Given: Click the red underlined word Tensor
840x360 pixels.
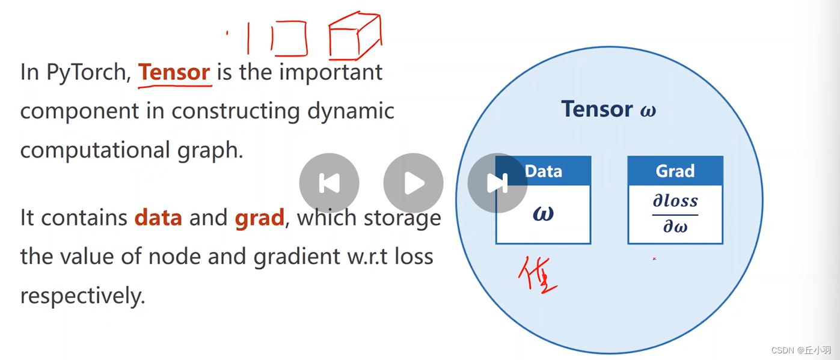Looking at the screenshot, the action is pyautogui.click(x=174, y=73).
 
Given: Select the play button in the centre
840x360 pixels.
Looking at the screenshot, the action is pyautogui.click(x=413, y=183).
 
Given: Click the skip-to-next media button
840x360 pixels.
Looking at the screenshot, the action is pyautogui.click(x=497, y=183).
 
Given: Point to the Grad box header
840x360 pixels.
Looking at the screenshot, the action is pyautogui.click(x=675, y=171).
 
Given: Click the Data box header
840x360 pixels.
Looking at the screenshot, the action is pyautogui.click(x=543, y=171).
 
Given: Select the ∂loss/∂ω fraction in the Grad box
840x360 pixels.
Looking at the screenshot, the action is pyautogui.click(x=675, y=214).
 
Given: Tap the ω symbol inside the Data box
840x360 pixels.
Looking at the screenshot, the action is pyautogui.click(x=543, y=213).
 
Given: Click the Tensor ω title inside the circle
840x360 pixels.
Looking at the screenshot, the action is pyautogui.click(x=608, y=109).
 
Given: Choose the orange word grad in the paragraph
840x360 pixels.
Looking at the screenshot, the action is pyautogui.click(x=259, y=218).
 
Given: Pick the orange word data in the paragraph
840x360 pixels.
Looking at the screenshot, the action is pyautogui.click(x=158, y=218).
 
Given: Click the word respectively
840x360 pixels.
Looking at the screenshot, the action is pyautogui.click(x=82, y=296).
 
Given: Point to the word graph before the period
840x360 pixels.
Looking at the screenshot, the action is pyautogui.click(x=214, y=150).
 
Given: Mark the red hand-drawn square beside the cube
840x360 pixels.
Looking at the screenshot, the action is pyautogui.click(x=290, y=38).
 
